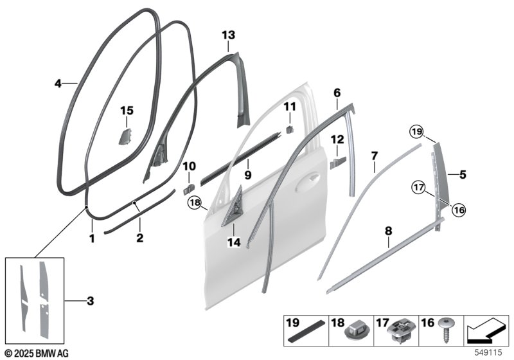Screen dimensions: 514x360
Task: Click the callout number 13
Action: (229, 35)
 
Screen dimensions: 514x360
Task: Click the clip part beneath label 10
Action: (188, 189)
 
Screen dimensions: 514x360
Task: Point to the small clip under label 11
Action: (290, 129)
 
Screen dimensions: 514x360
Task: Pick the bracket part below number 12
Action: (338, 163)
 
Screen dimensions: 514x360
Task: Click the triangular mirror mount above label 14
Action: (233, 206)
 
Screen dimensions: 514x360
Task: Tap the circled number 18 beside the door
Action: (195, 203)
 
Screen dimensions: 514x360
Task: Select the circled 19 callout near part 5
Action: (416, 132)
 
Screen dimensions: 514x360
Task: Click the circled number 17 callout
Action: (419, 188)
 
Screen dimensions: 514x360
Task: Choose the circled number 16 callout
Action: (459, 210)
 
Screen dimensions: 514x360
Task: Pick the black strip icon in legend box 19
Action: (306, 332)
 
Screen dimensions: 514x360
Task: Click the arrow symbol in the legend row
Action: (486, 331)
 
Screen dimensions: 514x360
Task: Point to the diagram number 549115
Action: (488, 352)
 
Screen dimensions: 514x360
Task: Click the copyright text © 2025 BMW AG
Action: (37, 353)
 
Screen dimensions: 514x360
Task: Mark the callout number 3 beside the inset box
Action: (91, 301)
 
